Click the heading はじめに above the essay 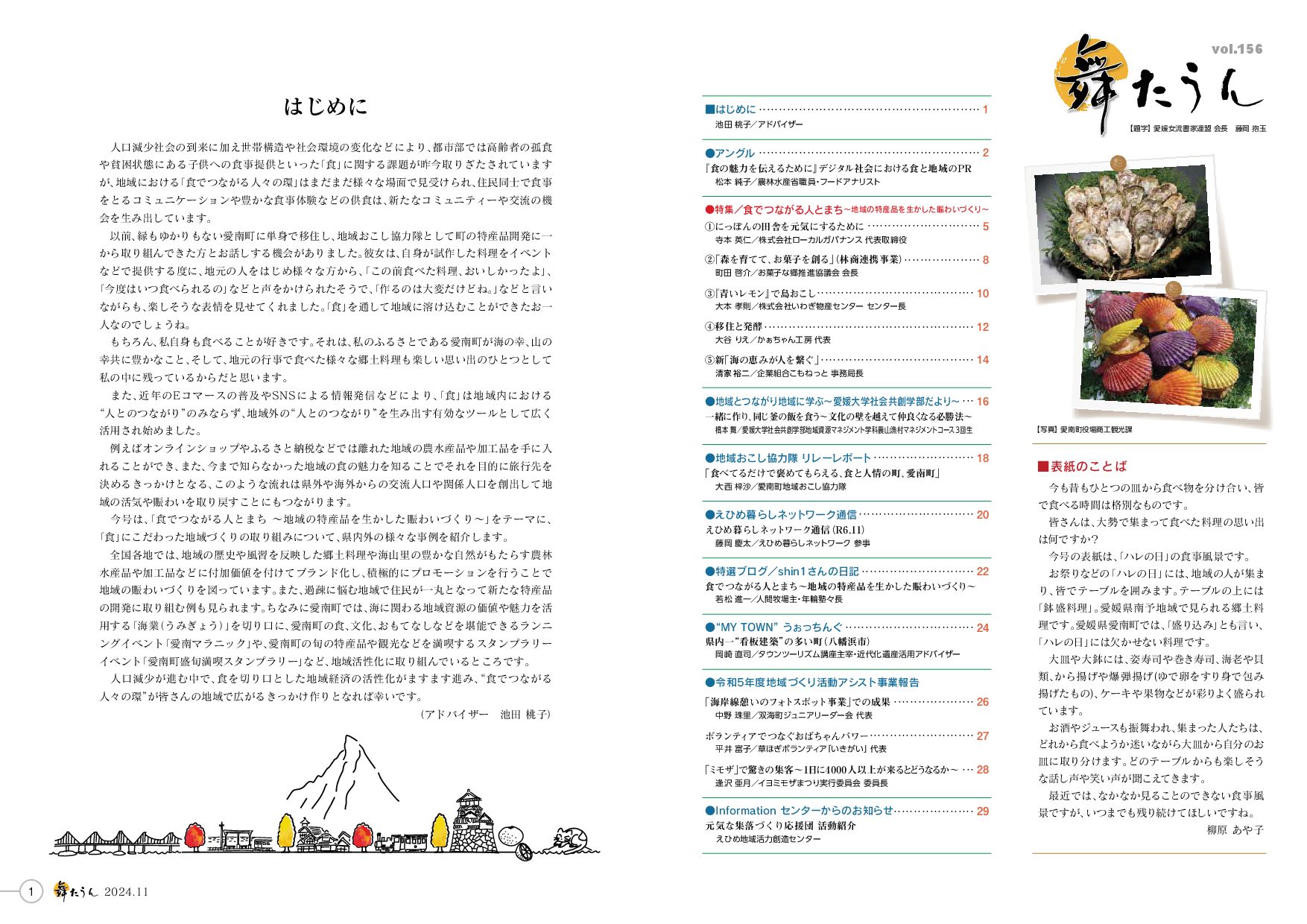[x=326, y=107]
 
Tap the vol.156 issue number [x=1237, y=49]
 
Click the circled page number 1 [x=31, y=891]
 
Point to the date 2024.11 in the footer [x=127, y=892]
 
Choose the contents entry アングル [x=734, y=153]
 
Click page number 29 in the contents [x=982, y=811]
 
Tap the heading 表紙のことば [x=1088, y=466]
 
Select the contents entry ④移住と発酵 [x=734, y=326]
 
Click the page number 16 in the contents [x=982, y=402]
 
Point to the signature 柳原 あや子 [x=1235, y=829]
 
